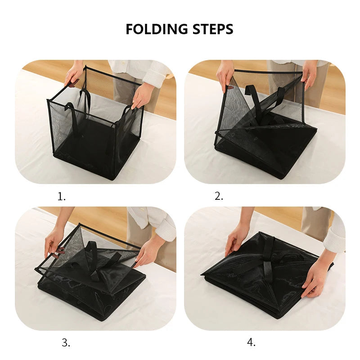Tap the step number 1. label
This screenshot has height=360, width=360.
click(x=62, y=196)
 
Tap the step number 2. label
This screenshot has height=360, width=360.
click(x=219, y=196)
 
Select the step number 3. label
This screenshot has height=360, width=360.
click(x=66, y=342)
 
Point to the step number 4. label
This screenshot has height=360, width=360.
click(x=251, y=342)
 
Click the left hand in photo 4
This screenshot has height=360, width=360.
click(x=236, y=238)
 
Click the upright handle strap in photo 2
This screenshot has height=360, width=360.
click(x=251, y=97)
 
